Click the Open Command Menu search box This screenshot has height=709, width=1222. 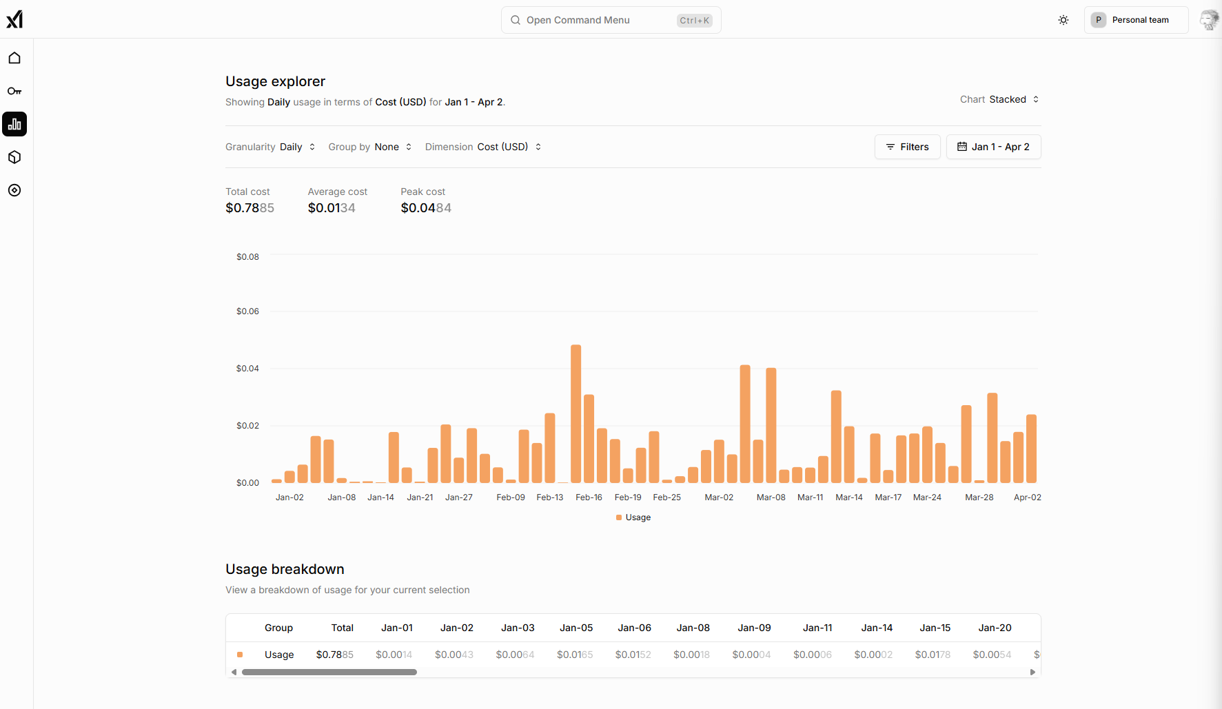click(x=611, y=20)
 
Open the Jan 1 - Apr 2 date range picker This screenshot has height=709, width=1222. click(x=993, y=147)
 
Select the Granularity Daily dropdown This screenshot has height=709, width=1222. click(x=270, y=147)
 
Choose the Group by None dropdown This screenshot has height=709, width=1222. click(x=370, y=147)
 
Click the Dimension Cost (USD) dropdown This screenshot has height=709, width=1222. click(x=483, y=147)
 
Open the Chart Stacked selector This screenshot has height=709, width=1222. click(x=999, y=99)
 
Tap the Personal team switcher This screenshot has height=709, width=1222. click(x=1135, y=20)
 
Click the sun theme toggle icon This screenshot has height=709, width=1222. click(x=1063, y=20)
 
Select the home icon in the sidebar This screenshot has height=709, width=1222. click(x=14, y=58)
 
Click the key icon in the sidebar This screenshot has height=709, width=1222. click(x=14, y=91)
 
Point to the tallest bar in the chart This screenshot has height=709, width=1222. click(x=576, y=413)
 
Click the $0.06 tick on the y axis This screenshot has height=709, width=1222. click(x=247, y=311)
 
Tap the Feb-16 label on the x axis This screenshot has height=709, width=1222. click(x=589, y=497)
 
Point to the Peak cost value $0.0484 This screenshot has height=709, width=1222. click(x=426, y=208)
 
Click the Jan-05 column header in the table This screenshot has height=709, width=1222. click(x=576, y=628)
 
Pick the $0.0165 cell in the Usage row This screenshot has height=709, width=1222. click(x=575, y=655)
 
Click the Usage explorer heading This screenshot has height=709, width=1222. click(x=275, y=81)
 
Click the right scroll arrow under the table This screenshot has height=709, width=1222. click(x=1032, y=672)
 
